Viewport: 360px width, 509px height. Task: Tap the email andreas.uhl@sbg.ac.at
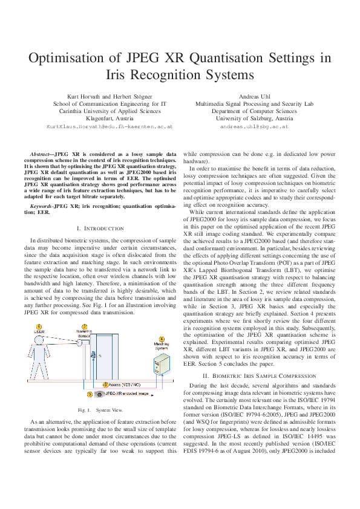point(254,128)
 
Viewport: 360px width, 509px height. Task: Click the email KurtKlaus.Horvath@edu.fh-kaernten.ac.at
point(110,128)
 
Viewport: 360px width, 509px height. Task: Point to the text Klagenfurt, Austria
point(110,119)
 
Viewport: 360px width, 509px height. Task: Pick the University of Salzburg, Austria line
point(254,119)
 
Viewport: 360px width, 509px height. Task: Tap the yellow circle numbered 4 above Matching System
point(161,339)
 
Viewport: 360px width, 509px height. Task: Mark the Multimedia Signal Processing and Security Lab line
point(254,103)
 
